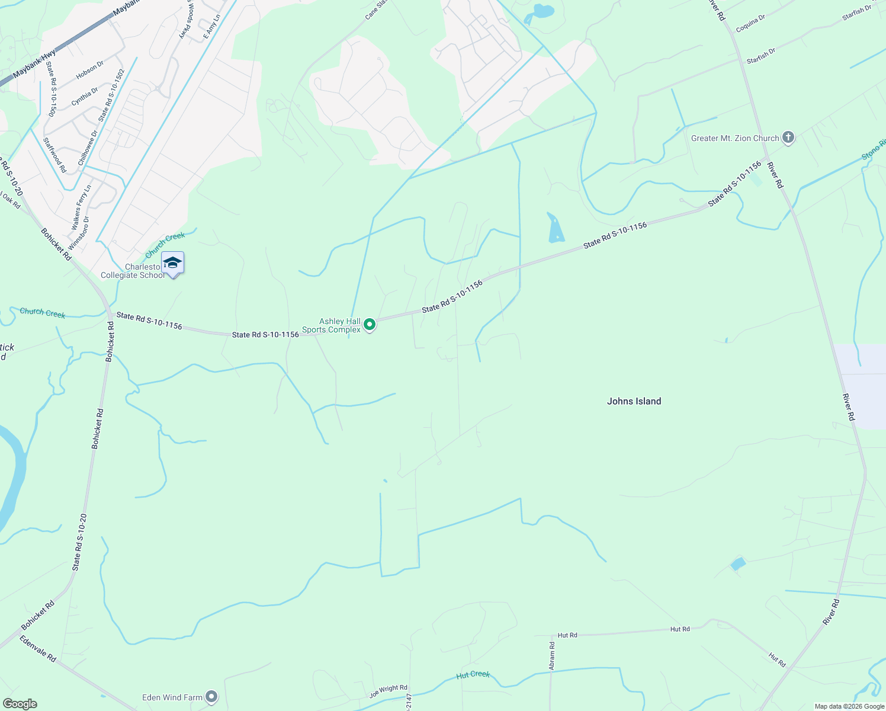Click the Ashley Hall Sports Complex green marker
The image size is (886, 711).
pyautogui.click(x=370, y=325)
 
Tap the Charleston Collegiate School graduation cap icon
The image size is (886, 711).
pyautogui.click(x=172, y=262)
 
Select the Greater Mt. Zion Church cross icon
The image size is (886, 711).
pyautogui.click(x=788, y=138)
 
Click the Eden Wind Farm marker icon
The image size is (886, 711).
pyautogui.click(x=212, y=697)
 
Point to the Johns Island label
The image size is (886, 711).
pyautogui.click(x=634, y=401)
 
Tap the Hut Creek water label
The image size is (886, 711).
pyautogui.click(x=473, y=675)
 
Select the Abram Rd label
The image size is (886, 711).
pyautogui.click(x=552, y=656)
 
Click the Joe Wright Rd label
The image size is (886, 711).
pyautogui.click(x=389, y=690)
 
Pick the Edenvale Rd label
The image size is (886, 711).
pyautogui.click(x=38, y=649)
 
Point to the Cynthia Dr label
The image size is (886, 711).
pyautogui.click(x=85, y=97)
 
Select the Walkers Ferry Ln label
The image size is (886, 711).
pyautogui.click(x=81, y=207)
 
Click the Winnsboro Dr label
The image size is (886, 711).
pyautogui.click(x=79, y=232)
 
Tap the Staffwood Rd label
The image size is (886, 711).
pyautogui.click(x=55, y=155)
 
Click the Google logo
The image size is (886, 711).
pyautogui.click(x=20, y=704)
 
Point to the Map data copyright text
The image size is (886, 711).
pyautogui.click(x=849, y=706)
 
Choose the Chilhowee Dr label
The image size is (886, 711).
pyautogui.click(x=87, y=148)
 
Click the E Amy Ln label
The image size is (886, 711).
pyautogui.click(x=211, y=27)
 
